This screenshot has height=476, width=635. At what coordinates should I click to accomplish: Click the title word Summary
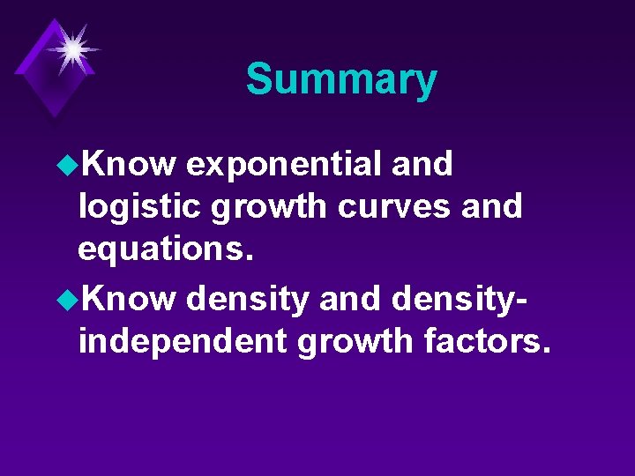coord(341,79)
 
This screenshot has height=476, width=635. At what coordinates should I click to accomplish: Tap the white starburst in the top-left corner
coord(72,48)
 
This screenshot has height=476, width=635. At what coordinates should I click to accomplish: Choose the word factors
coord(486,342)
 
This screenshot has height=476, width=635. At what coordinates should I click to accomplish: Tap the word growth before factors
coord(357,342)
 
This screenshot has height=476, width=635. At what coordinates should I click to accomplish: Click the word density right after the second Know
coord(248,300)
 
